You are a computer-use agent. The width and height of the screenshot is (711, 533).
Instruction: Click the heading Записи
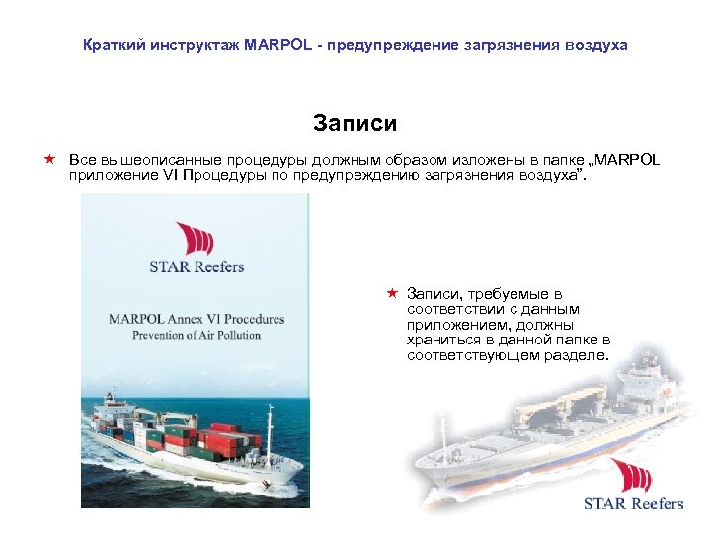click(x=355, y=123)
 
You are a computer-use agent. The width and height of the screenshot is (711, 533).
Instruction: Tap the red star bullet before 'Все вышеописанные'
click(x=47, y=159)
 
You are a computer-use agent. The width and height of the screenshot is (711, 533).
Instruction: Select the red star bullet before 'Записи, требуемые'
click(x=391, y=294)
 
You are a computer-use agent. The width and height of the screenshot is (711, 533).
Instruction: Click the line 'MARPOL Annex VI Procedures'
click(x=197, y=319)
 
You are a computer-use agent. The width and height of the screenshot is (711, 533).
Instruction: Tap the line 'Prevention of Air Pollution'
click(x=197, y=335)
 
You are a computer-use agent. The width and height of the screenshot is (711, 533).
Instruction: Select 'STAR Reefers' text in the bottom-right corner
click(x=633, y=504)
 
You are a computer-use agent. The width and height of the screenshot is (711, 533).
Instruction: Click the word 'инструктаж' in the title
click(x=190, y=45)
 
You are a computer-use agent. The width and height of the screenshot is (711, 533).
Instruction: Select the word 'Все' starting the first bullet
click(x=81, y=160)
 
